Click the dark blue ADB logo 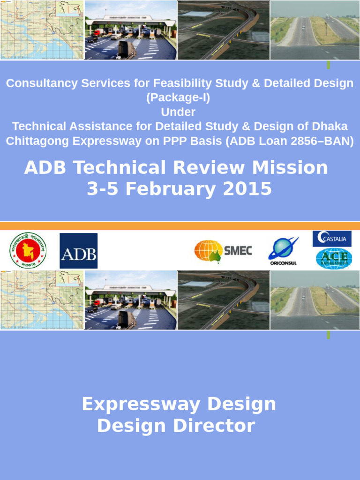(x=78, y=251)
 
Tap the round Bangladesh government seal (x=28, y=251)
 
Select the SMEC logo (x=223, y=251)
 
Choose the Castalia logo (x=332, y=239)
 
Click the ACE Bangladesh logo (x=334, y=258)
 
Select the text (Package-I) (x=178, y=98)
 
